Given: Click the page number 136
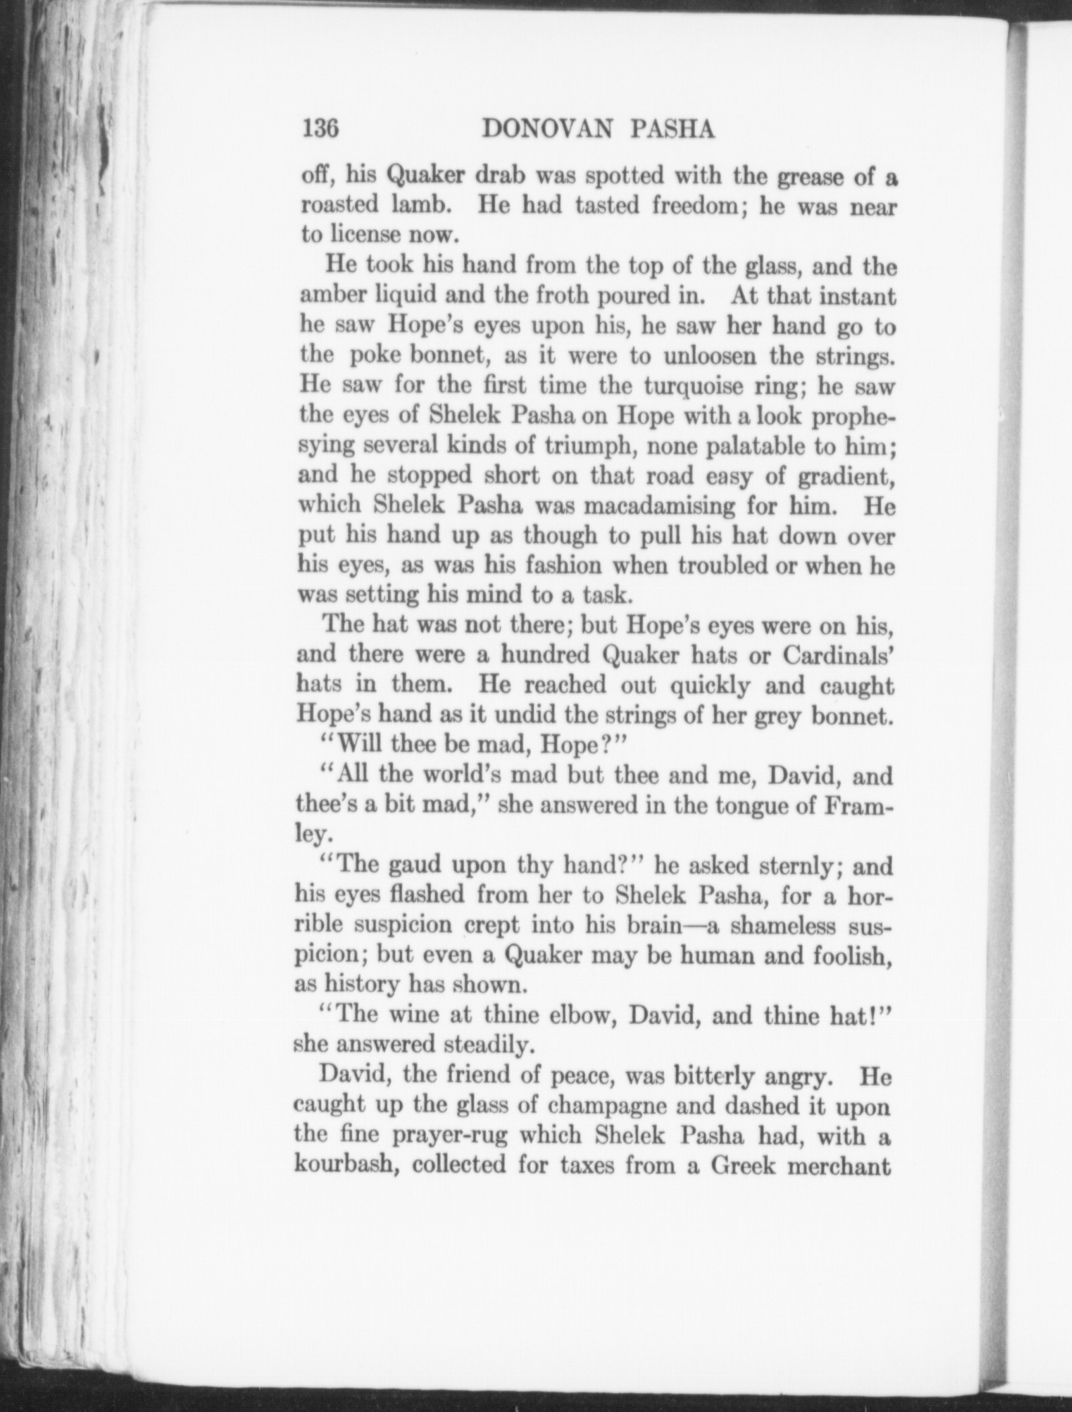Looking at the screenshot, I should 320,128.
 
